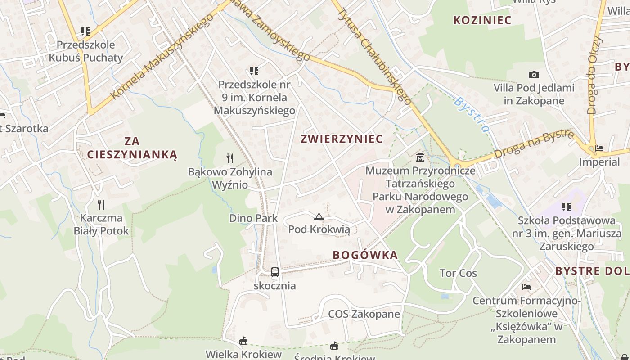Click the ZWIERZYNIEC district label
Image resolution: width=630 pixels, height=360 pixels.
click(342, 139)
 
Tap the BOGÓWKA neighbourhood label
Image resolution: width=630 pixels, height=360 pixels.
click(365, 255)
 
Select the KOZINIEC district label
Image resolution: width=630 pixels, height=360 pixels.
click(482, 20)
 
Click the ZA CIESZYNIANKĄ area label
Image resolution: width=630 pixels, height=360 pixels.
click(132, 148)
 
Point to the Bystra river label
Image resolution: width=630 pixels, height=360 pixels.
click(471, 115)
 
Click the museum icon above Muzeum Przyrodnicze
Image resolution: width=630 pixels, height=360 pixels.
click(420, 157)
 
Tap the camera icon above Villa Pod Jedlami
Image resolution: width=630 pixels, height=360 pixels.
click(534, 75)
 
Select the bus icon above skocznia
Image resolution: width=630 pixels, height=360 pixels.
click(274, 272)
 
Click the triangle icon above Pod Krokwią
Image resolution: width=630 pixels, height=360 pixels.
click(319, 217)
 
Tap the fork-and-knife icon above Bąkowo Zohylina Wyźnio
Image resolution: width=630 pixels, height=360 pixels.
click(230, 158)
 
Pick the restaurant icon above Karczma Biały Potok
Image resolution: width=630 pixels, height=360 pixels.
click(101, 205)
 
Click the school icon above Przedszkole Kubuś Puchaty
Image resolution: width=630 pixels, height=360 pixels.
click(85, 31)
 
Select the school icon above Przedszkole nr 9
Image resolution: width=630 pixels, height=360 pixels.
click(254, 71)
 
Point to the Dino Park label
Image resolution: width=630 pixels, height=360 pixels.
click(253, 218)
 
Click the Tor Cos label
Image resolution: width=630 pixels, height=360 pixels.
click(458, 273)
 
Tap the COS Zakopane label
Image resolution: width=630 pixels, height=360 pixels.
click(364, 314)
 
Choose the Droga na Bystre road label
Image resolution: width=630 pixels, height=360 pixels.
click(534, 144)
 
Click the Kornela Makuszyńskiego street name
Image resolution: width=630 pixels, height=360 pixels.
click(162, 56)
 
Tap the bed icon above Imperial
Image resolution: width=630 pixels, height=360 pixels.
click(599, 148)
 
